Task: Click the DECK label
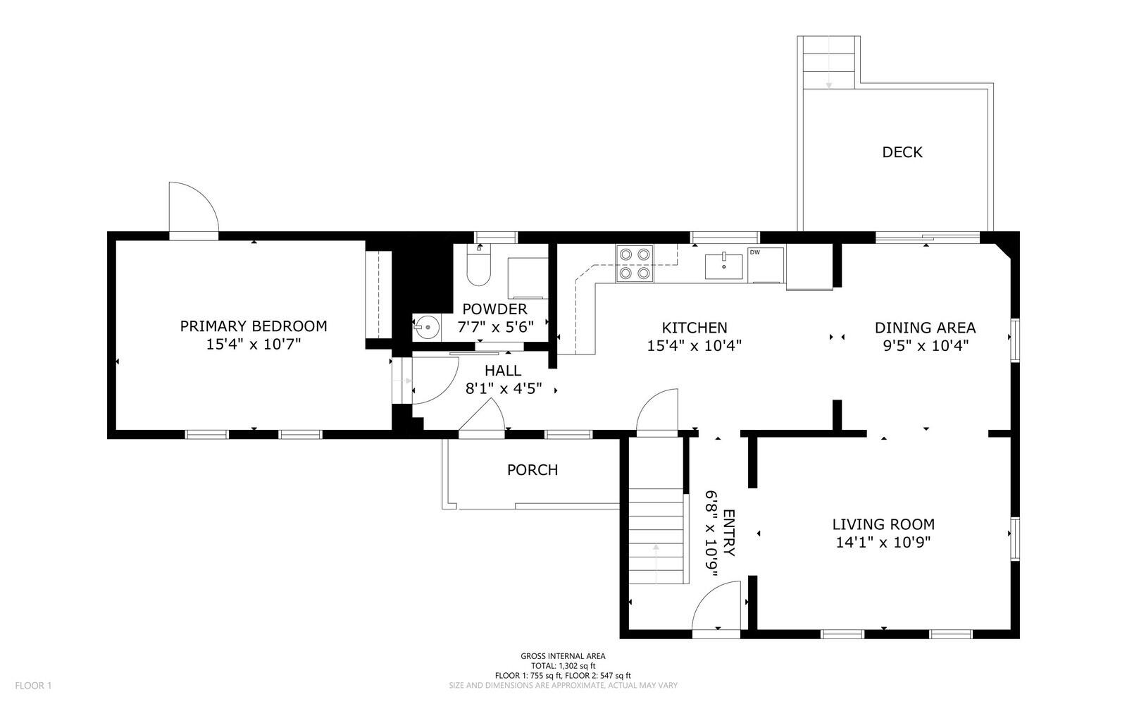point(902,152)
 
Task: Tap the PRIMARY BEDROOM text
point(254,326)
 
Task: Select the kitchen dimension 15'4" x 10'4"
point(695,346)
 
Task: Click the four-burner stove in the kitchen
point(635,263)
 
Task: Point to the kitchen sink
point(723,266)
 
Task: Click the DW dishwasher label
point(754,252)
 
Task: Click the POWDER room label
point(494,309)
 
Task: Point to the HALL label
point(503,371)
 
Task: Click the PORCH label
point(533,469)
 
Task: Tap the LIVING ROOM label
point(883,524)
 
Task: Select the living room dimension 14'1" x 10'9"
point(883,542)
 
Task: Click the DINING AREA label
point(926,328)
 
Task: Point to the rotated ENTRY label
point(728,533)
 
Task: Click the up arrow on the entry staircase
point(656,556)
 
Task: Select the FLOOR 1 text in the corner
point(33,686)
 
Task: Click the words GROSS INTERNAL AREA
point(563,655)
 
